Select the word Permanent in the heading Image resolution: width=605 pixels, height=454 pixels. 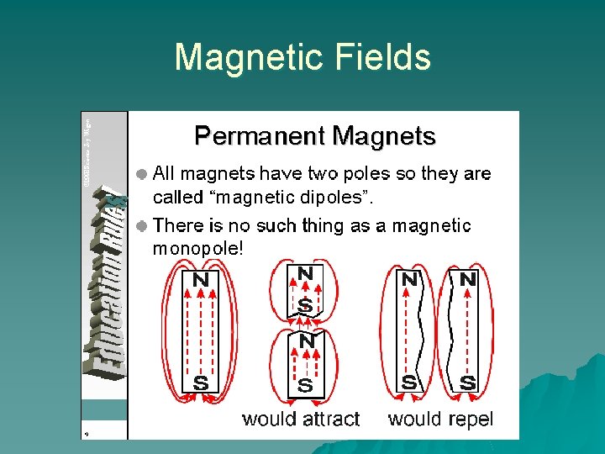coord(260,136)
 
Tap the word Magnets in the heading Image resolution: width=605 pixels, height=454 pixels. coord(384,136)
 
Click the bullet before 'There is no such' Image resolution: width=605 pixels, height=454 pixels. coord(143,226)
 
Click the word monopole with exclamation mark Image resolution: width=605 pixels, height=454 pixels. coord(198,249)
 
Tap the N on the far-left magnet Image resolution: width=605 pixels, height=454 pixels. coord(201,279)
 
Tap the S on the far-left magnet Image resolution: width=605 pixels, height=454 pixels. coord(201,383)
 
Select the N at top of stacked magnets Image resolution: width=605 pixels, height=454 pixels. coord(305,273)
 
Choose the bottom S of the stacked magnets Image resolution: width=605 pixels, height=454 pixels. coord(305,385)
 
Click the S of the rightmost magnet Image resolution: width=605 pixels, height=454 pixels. coord(467,383)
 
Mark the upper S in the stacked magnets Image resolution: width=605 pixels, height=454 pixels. coord(305,305)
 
